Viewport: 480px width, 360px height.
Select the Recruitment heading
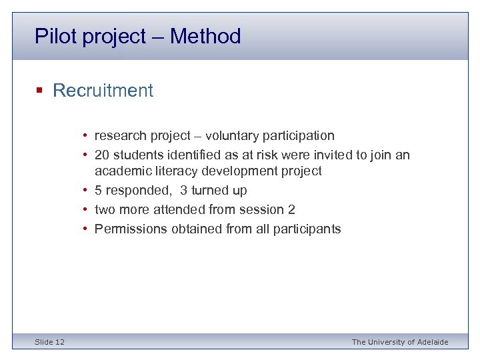click(103, 91)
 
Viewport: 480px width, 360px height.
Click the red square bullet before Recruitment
click(40, 91)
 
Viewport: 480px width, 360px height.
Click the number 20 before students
click(102, 155)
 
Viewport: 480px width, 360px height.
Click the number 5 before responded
click(99, 191)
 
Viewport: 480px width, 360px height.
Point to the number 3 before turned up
click(184, 191)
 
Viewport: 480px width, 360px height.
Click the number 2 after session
click(291, 210)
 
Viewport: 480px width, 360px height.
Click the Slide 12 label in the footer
click(50, 342)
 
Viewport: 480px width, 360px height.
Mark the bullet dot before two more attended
click(87, 210)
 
